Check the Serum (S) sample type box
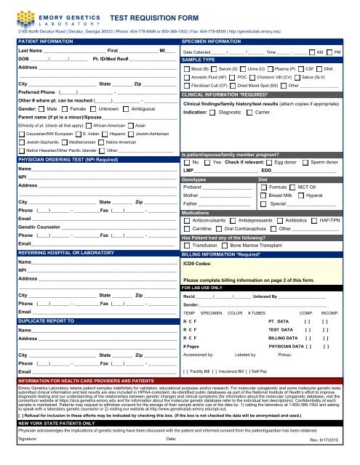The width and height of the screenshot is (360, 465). (219, 68)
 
